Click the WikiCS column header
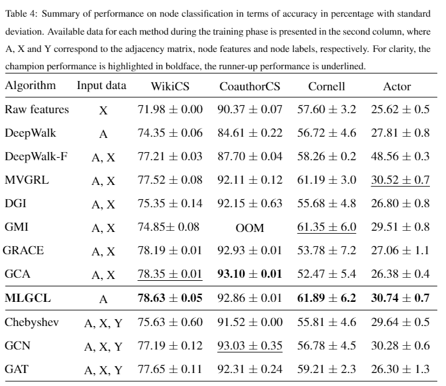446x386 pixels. tap(170, 86)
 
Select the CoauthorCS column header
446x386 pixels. tap(250, 86)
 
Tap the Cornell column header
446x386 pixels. tap(327, 86)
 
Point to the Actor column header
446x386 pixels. tap(397, 86)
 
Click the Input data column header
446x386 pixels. tap(101, 85)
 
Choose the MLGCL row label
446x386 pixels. tap(28, 298)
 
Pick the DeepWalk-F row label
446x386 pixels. tap(36, 157)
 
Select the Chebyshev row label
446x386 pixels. tap(32, 322)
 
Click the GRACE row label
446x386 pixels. tap(24, 251)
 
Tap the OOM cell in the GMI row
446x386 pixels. tap(250, 228)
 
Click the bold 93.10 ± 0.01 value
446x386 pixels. tap(250, 273)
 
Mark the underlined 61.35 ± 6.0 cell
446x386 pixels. tap(327, 226)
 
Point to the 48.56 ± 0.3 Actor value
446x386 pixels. tap(400, 156)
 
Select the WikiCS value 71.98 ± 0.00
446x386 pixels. tap(170, 109)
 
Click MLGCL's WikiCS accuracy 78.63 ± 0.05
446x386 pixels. tap(170, 298)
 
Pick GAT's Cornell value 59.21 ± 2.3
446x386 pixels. tap(327, 369)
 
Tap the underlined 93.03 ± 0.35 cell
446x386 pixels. tap(250, 345)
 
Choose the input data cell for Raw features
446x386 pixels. tap(103, 110)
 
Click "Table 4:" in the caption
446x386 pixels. tap(21, 14)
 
